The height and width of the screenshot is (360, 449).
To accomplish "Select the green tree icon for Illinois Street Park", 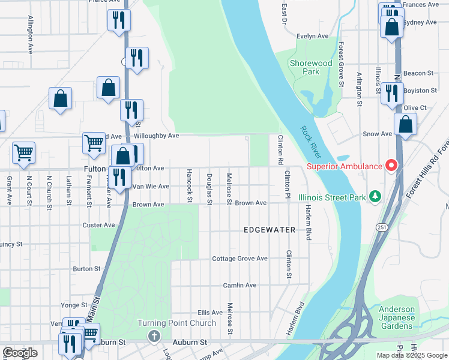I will [x=375, y=196].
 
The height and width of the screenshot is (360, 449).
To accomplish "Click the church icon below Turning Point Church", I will [x=154, y=337].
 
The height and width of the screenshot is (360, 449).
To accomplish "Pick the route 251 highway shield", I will [x=382, y=227].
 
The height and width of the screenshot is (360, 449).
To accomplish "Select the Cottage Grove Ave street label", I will [x=240, y=259].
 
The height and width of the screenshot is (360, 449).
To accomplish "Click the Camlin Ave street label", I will [x=240, y=286].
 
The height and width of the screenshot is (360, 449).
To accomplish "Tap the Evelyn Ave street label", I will [x=313, y=36].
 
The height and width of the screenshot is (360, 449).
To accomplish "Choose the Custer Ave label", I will [x=98, y=225].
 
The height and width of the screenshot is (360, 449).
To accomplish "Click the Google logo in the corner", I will [x=20, y=353].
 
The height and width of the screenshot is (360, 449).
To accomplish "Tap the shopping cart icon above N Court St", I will [x=23, y=152].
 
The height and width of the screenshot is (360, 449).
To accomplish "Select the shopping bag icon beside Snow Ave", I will [x=405, y=125].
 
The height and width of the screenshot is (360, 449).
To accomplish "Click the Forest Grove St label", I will [x=340, y=64].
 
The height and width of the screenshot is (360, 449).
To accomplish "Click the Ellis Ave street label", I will [x=210, y=313].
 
